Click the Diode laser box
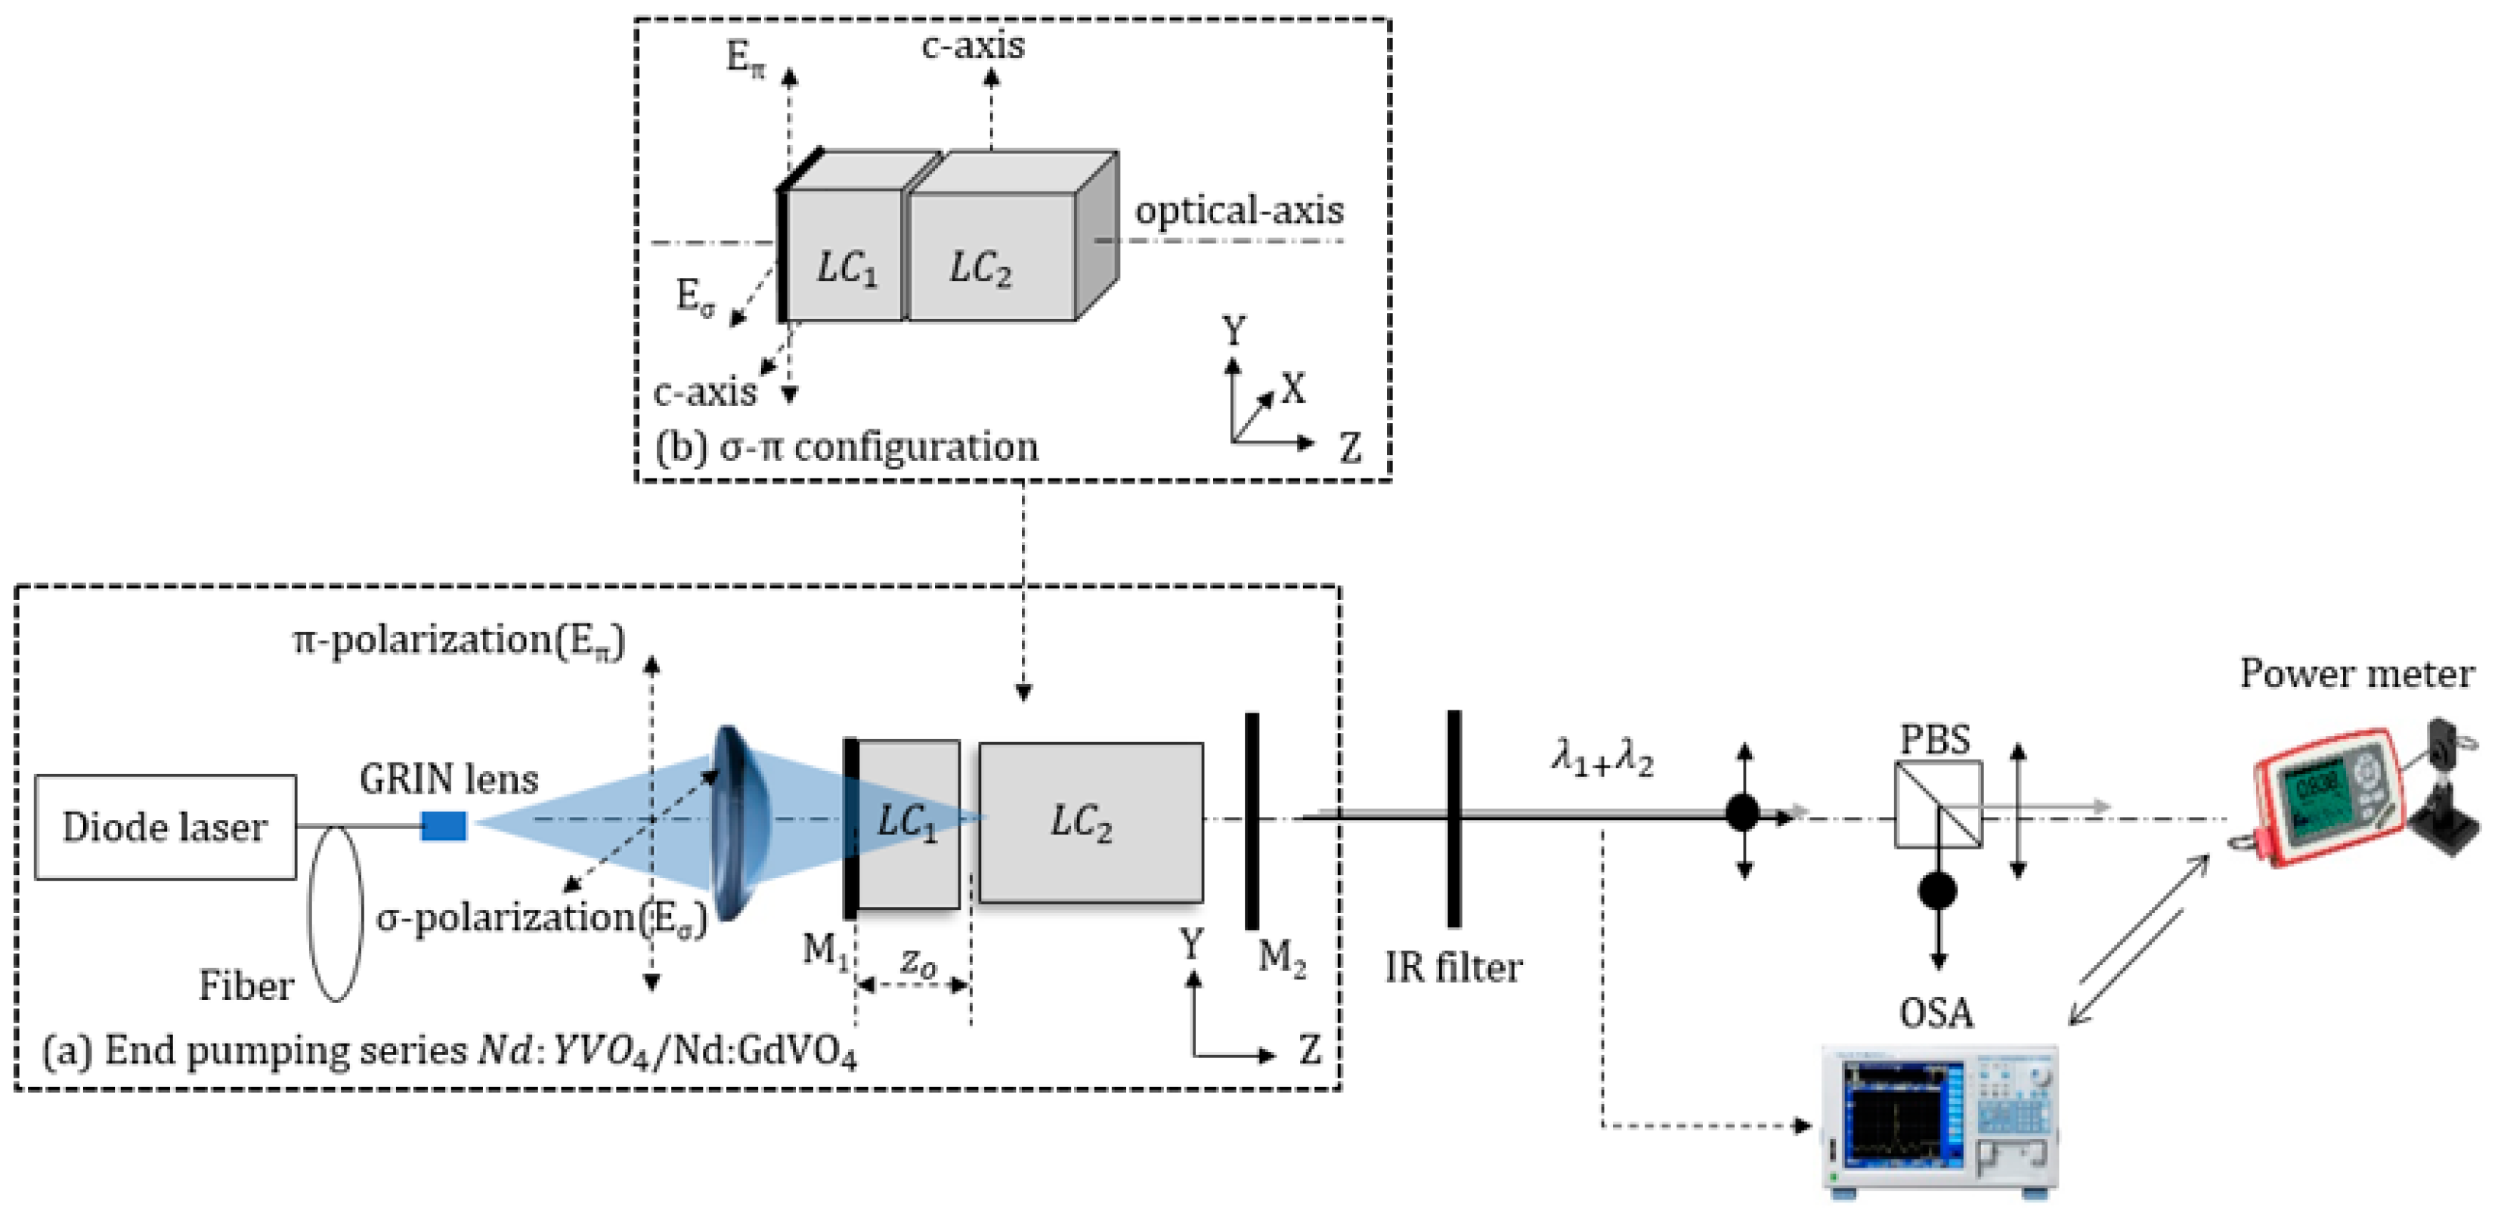(x=165, y=827)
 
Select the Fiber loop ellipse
(x=336, y=911)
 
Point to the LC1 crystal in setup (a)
(x=908, y=825)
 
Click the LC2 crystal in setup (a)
(x=1090, y=822)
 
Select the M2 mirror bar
(x=1252, y=820)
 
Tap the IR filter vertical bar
(x=1453, y=818)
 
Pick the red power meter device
(x=2327, y=795)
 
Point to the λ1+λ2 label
(x=1602, y=757)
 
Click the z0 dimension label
(x=918, y=964)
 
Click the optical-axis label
(x=1240, y=210)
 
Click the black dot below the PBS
(x=1937, y=890)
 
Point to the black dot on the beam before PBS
(x=1743, y=812)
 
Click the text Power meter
(x=2357, y=673)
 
